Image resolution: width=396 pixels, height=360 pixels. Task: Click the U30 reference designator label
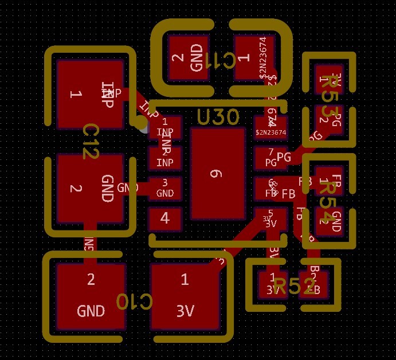(218, 118)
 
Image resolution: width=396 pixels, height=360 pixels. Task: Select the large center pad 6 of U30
(217, 174)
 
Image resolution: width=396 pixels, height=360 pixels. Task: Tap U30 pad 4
(165, 218)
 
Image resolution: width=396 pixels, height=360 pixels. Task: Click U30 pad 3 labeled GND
(165, 188)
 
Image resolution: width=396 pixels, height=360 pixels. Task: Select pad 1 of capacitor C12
(90, 93)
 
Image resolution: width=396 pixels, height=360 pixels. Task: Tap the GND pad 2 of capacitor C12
(90, 189)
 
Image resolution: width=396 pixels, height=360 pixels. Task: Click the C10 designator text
(135, 302)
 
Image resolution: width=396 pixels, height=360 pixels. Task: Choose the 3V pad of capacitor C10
(185, 296)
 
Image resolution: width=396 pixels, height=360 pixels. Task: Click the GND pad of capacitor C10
(91, 296)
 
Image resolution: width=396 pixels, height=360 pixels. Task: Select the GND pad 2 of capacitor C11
(189, 57)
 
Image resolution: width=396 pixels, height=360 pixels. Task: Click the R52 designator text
(294, 285)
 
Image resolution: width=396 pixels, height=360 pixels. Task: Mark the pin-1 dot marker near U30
(139, 122)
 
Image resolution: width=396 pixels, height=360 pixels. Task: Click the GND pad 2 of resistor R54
(330, 221)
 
